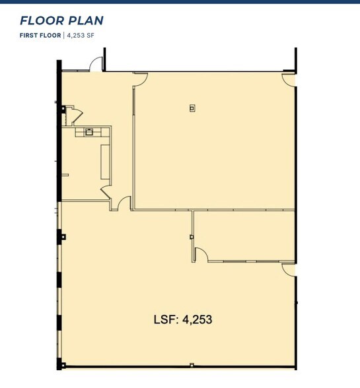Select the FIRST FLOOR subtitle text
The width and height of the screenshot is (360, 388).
[x=40, y=35]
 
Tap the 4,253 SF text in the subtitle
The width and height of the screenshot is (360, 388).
[x=80, y=35]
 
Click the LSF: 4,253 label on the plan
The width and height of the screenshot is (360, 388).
[x=183, y=320]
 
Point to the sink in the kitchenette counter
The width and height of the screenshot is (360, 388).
[x=88, y=132]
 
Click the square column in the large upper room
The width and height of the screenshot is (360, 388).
[x=192, y=108]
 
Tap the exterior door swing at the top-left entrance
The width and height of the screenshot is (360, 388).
[x=96, y=64]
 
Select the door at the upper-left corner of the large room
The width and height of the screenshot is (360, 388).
[x=140, y=77]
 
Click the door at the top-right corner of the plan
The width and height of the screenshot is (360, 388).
[x=289, y=79]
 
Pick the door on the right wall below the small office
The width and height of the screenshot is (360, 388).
[x=289, y=269]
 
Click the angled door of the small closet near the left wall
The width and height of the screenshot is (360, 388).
[x=75, y=115]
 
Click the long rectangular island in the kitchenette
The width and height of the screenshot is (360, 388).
[x=104, y=161]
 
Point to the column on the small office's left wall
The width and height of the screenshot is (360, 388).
[x=192, y=237]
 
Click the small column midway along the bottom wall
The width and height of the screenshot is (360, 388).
[x=192, y=365]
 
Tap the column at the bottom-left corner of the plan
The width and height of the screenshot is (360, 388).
[x=61, y=364]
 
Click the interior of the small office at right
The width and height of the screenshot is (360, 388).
[x=244, y=235]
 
